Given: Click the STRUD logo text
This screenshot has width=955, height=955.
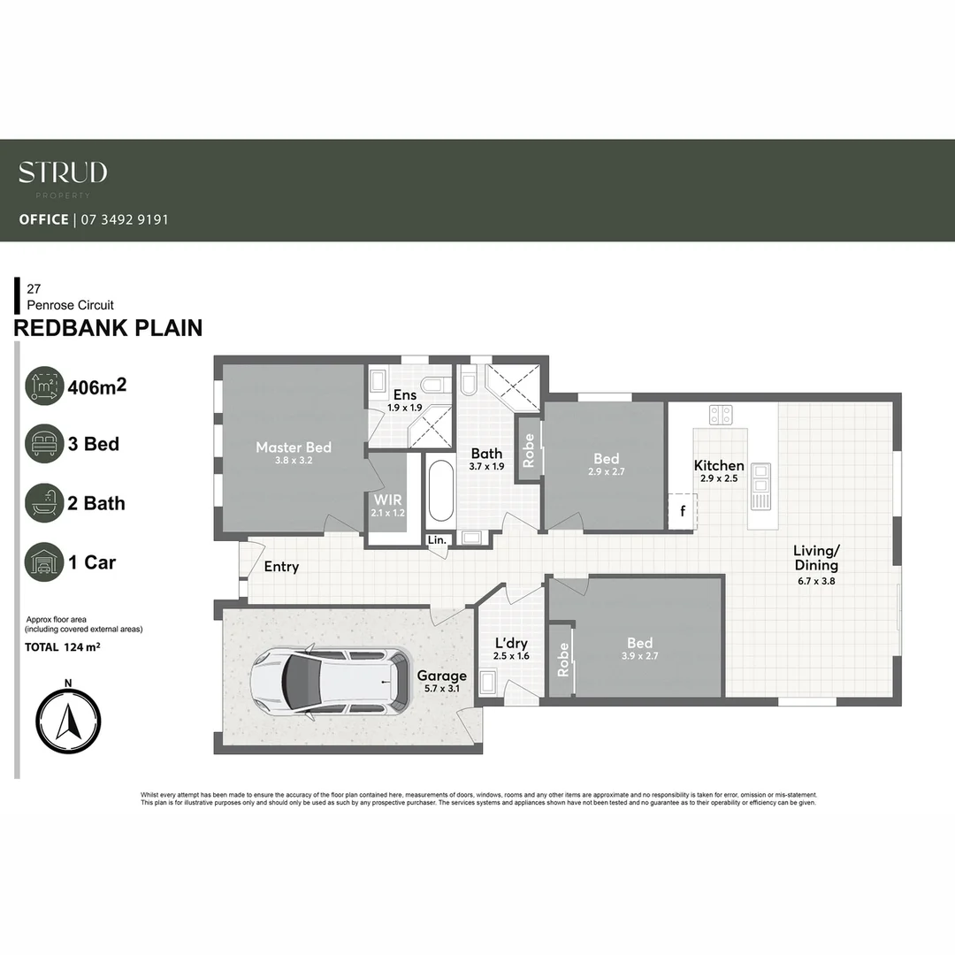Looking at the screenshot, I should (63, 172).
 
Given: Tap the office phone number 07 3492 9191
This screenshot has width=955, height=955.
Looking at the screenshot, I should (124, 219).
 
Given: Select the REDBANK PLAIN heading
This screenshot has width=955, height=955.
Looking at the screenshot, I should (108, 328).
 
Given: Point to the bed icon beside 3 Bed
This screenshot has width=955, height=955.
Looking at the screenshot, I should (44, 443).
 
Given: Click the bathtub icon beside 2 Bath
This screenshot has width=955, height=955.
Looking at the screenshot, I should (44, 502).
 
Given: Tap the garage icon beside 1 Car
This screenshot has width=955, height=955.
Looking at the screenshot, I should (44, 562).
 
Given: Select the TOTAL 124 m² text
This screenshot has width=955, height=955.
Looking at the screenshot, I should (62, 647).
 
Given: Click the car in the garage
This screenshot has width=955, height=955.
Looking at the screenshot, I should (329, 681).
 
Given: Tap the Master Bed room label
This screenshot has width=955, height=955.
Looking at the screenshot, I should (293, 447).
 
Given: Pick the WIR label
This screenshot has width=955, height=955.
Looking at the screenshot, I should (388, 500).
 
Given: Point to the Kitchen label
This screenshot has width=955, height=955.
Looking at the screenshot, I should (718, 466).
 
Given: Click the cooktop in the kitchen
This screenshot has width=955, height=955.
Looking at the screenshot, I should (721, 414).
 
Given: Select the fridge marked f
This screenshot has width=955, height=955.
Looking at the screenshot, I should (682, 510).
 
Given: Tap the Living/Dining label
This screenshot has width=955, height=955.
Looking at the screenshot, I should (814, 558).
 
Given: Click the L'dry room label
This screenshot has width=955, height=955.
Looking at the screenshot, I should (510, 643).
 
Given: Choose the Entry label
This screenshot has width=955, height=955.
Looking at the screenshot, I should (281, 567).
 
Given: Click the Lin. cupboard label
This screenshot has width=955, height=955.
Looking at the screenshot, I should (438, 539).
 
